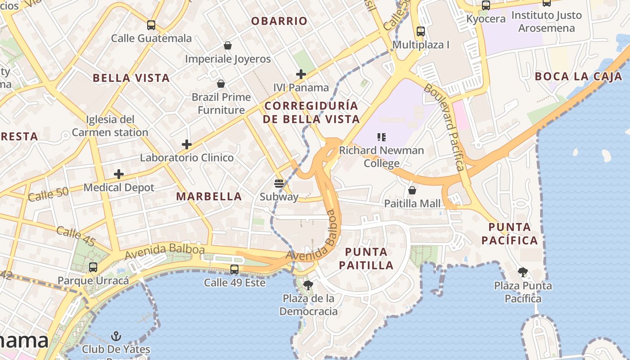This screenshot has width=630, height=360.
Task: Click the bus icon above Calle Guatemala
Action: click(x=151, y=25)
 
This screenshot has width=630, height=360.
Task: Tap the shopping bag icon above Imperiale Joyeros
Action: click(x=228, y=45)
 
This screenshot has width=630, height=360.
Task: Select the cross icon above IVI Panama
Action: click(x=301, y=74)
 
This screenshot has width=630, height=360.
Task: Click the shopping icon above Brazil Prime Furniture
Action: click(x=221, y=84)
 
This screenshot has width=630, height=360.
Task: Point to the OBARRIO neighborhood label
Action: click(x=279, y=21)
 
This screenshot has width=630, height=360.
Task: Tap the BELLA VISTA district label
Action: click(x=131, y=78)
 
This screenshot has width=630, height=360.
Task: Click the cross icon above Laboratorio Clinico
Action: click(x=187, y=144)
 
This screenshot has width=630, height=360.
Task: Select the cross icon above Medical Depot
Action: click(x=119, y=174)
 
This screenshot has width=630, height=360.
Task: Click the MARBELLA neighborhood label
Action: click(x=209, y=197)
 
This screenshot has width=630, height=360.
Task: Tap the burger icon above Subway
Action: click(x=279, y=183)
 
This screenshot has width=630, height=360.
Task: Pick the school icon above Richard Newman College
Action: click(x=382, y=137)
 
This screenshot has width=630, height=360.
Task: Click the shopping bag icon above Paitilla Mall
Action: click(x=412, y=190)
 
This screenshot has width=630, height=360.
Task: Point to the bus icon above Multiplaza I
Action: click(x=421, y=31)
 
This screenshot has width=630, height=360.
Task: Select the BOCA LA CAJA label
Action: click(x=578, y=76)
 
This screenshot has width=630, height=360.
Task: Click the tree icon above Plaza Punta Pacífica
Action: click(x=522, y=272)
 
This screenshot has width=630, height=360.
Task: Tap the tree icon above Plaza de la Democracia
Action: click(x=308, y=284)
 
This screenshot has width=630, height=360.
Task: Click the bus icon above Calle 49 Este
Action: click(x=234, y=270)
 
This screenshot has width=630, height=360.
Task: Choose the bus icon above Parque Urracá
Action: click(x=93, y=267)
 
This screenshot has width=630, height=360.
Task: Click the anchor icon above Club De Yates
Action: click(x=116, y=336)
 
